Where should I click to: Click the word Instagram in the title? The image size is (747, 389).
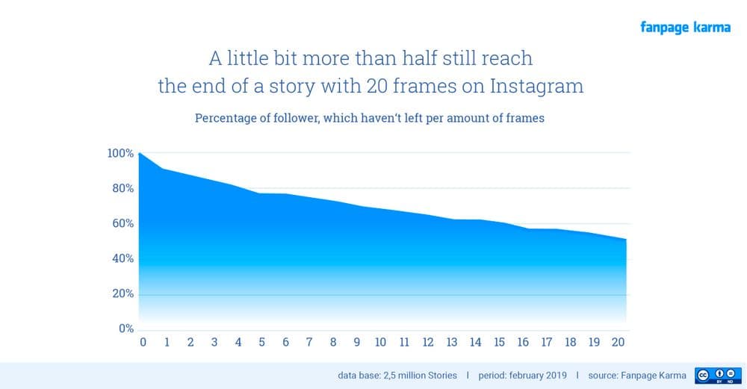tap(536, 85)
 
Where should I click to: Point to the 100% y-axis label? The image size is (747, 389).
tap(120, 153)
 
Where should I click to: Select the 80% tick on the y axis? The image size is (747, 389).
tap(123, 188)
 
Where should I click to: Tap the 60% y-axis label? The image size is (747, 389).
tap(123, 223)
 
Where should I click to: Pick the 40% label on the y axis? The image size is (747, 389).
tap(123, 258)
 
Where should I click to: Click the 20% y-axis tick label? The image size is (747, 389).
tap(123, 293)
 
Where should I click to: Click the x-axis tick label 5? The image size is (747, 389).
tap(261, 343)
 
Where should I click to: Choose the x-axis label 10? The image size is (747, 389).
tap(380, 343)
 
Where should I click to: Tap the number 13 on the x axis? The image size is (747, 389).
tap(451, 343)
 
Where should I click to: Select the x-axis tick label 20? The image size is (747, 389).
tap(618, 343)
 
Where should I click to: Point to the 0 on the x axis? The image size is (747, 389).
tap(143, 343)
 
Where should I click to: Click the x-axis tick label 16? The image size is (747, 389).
tap(523, 343)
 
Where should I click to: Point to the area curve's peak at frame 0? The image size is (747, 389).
tap(140, 153)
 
